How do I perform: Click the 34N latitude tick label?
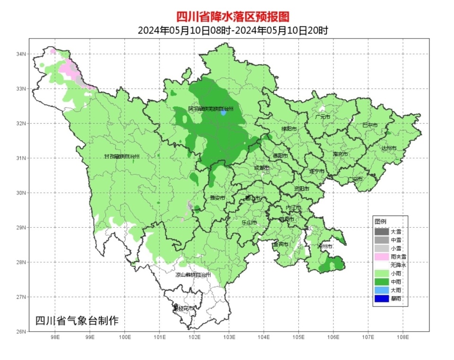coord(21,54)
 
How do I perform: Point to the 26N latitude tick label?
coord(21,331)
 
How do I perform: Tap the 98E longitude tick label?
coord(55,338)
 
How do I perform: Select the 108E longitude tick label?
coord(403,338)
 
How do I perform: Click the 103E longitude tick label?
coord(229,338)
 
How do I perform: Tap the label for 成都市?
coord(262,168)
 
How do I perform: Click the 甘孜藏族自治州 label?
coord(122,156)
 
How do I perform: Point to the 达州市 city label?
coord(389,148)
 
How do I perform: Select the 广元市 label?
coord(323,117)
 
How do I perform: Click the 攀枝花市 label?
coord(183,308)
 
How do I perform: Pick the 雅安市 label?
coord(217,198)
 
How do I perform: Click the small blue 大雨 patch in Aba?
coord(223,113)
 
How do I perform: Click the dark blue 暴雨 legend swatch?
coord(381,298)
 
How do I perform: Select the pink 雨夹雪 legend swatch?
coord(381,257)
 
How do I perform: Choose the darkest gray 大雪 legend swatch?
coord(381,231)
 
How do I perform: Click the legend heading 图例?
coord(380,221)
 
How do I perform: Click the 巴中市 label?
coord(370,125)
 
